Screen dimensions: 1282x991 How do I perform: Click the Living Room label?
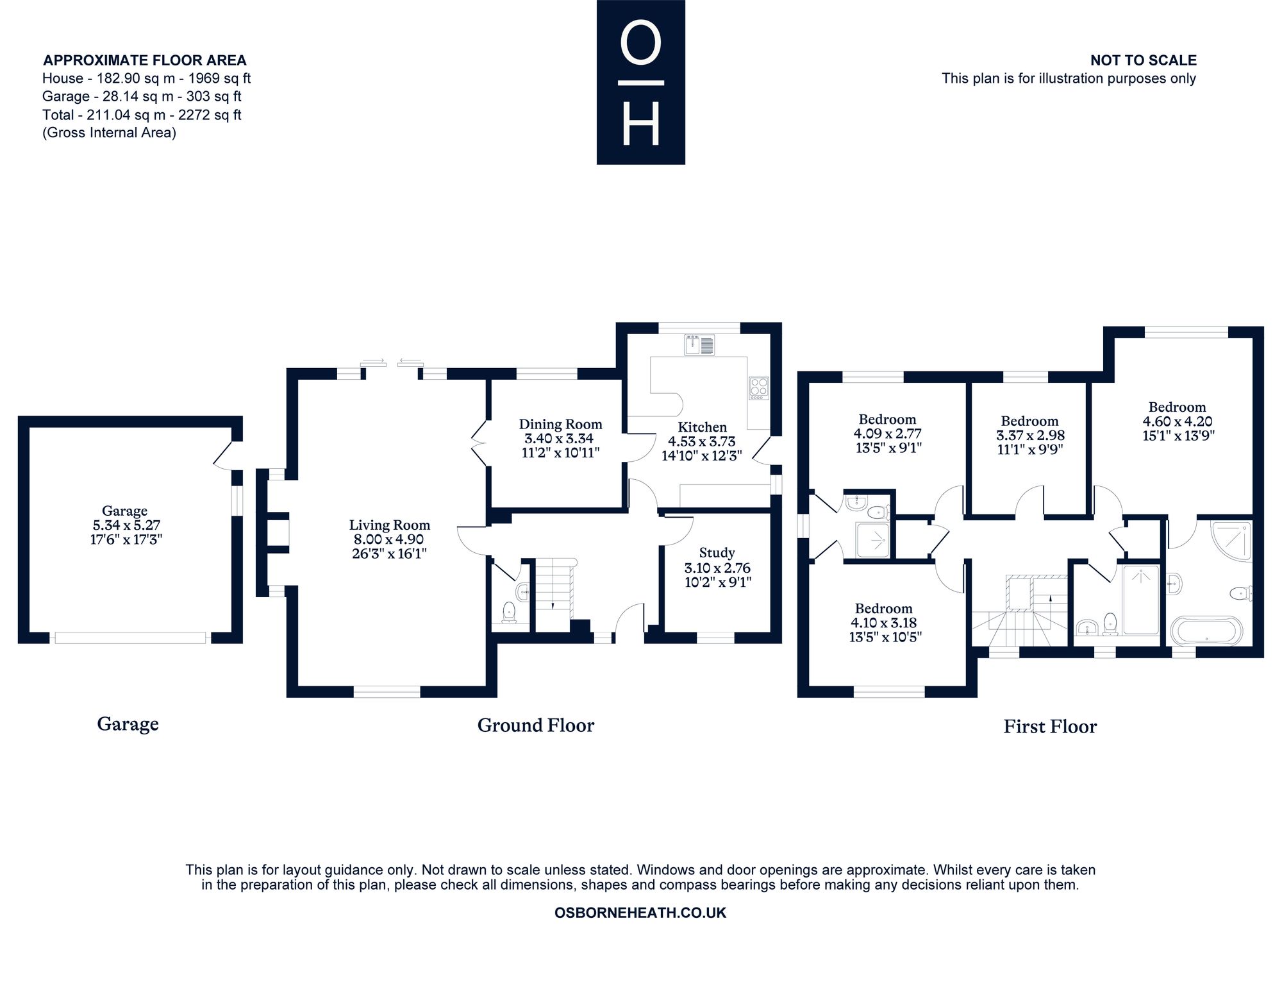[389, 525]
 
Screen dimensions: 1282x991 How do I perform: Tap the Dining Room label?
[560, 424]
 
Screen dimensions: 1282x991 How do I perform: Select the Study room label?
[717, 552]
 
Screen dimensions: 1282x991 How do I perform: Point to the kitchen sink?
[699, 345]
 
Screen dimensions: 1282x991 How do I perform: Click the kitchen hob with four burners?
[759, 388]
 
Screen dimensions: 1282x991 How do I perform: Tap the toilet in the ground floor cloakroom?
[510, 612]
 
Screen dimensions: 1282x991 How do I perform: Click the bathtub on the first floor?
[1206, 630]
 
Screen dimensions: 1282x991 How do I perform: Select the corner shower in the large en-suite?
[1231, 541]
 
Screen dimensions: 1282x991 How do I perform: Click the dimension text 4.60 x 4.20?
[1177, 421]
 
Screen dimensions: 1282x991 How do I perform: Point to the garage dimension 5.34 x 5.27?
[126, 525]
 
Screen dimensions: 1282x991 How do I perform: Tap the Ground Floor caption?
[536, 725]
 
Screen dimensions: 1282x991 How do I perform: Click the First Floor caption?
[1050, 727]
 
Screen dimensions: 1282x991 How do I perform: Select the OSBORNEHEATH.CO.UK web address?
[640, 913]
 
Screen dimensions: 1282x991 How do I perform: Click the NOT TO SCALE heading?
[1144, 60]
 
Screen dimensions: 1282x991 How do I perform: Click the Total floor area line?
[142, 115]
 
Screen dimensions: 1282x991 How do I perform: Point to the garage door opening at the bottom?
[130, 638]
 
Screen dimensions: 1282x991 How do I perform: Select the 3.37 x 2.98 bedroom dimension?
[1030, 436]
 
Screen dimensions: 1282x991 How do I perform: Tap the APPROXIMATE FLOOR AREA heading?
[145, 60]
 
